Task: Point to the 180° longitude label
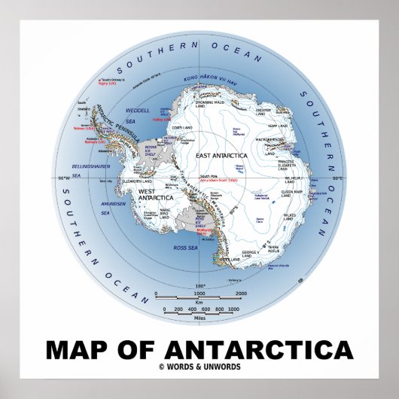pos(200,286)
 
